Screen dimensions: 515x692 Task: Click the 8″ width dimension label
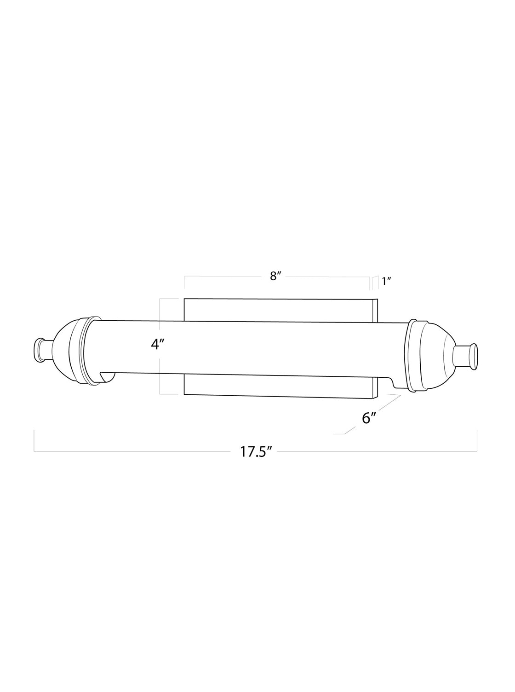coord(276,276)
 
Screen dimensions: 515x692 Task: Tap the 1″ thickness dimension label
coord(387,282)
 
